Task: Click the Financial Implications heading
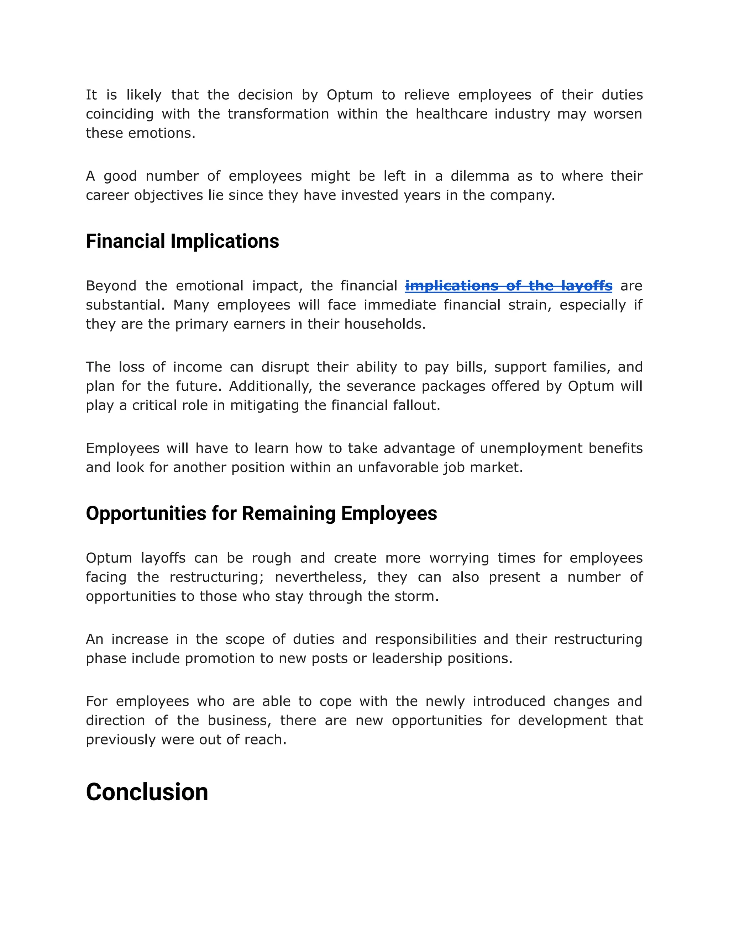tap(182, 241)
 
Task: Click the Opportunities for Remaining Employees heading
tap(261, 513)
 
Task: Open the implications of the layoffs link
tap(508, 286)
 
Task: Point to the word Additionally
tap(271, 386)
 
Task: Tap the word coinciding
tap(120, 114)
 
